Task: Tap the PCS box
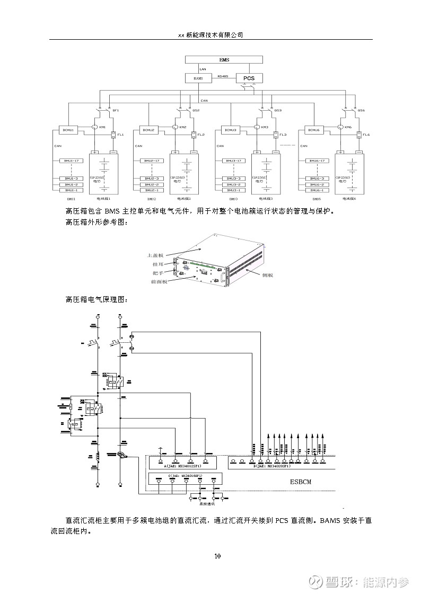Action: [249, 78]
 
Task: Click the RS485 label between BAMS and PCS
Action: [223, 76]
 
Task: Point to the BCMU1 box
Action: [68, 129]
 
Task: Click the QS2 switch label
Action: [196, 110]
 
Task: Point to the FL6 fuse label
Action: [366, 135]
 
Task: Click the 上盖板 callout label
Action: [158, 254]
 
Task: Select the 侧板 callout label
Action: [267, 275]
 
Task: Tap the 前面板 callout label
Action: [159, 281]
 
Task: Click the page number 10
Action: [217, 556]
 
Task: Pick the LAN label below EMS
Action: [203, 69]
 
